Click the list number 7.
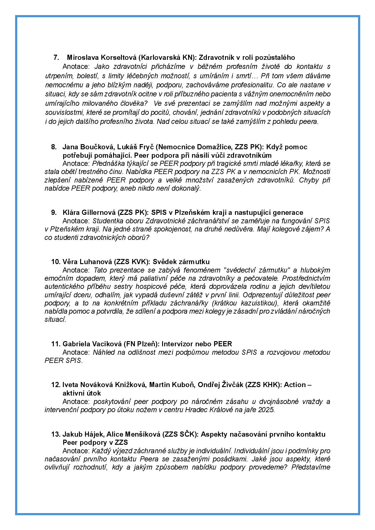tap(56, 57)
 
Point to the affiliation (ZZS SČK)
tap(180, 435)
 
